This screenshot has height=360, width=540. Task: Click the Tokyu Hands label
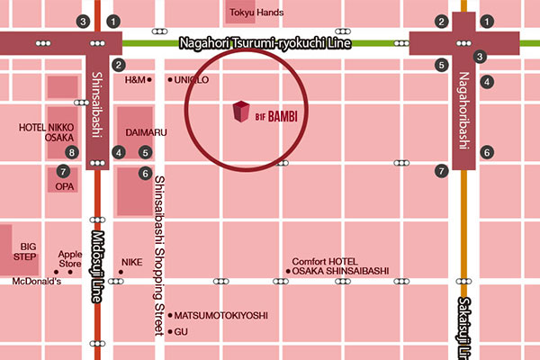(257, 13)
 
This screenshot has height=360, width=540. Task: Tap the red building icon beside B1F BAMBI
(240, 113)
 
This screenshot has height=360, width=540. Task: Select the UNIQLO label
(193, 80)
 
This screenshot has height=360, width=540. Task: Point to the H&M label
(134, 80)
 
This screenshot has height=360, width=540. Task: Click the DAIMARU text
(146, 132)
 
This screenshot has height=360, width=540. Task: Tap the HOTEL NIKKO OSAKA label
(47, 133)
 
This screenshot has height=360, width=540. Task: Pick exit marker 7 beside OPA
(62, 171)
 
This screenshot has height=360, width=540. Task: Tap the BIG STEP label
(29, 251)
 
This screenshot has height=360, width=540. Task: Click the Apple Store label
(69, 259)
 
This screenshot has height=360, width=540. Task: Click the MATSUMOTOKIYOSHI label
(220, 316)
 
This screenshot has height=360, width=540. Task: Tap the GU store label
(181, 332)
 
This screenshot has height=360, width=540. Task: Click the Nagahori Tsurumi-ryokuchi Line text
(262, 42)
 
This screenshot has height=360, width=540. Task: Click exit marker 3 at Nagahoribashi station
(480, 57)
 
